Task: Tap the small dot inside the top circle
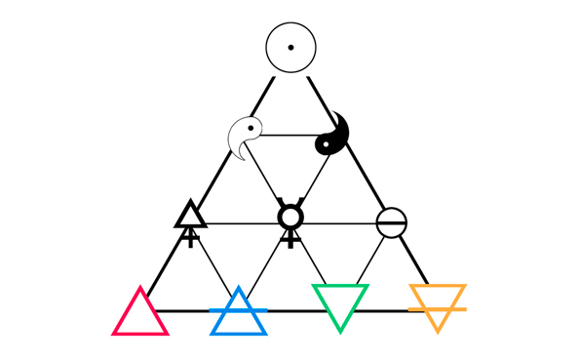(x=290, y=47)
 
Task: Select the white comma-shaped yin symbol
(x=245, y=137)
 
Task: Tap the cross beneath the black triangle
(x=190, y=236)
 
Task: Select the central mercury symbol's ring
(x=290, y=216)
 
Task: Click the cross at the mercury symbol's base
(x=290, y=237)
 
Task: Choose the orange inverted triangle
(x=438, y=301)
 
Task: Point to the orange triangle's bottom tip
(x=438, y=330)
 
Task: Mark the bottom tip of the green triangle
(x=339, y=330)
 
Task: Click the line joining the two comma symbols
(x=290, y=136)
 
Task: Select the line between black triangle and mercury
(x=239, y=223)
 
